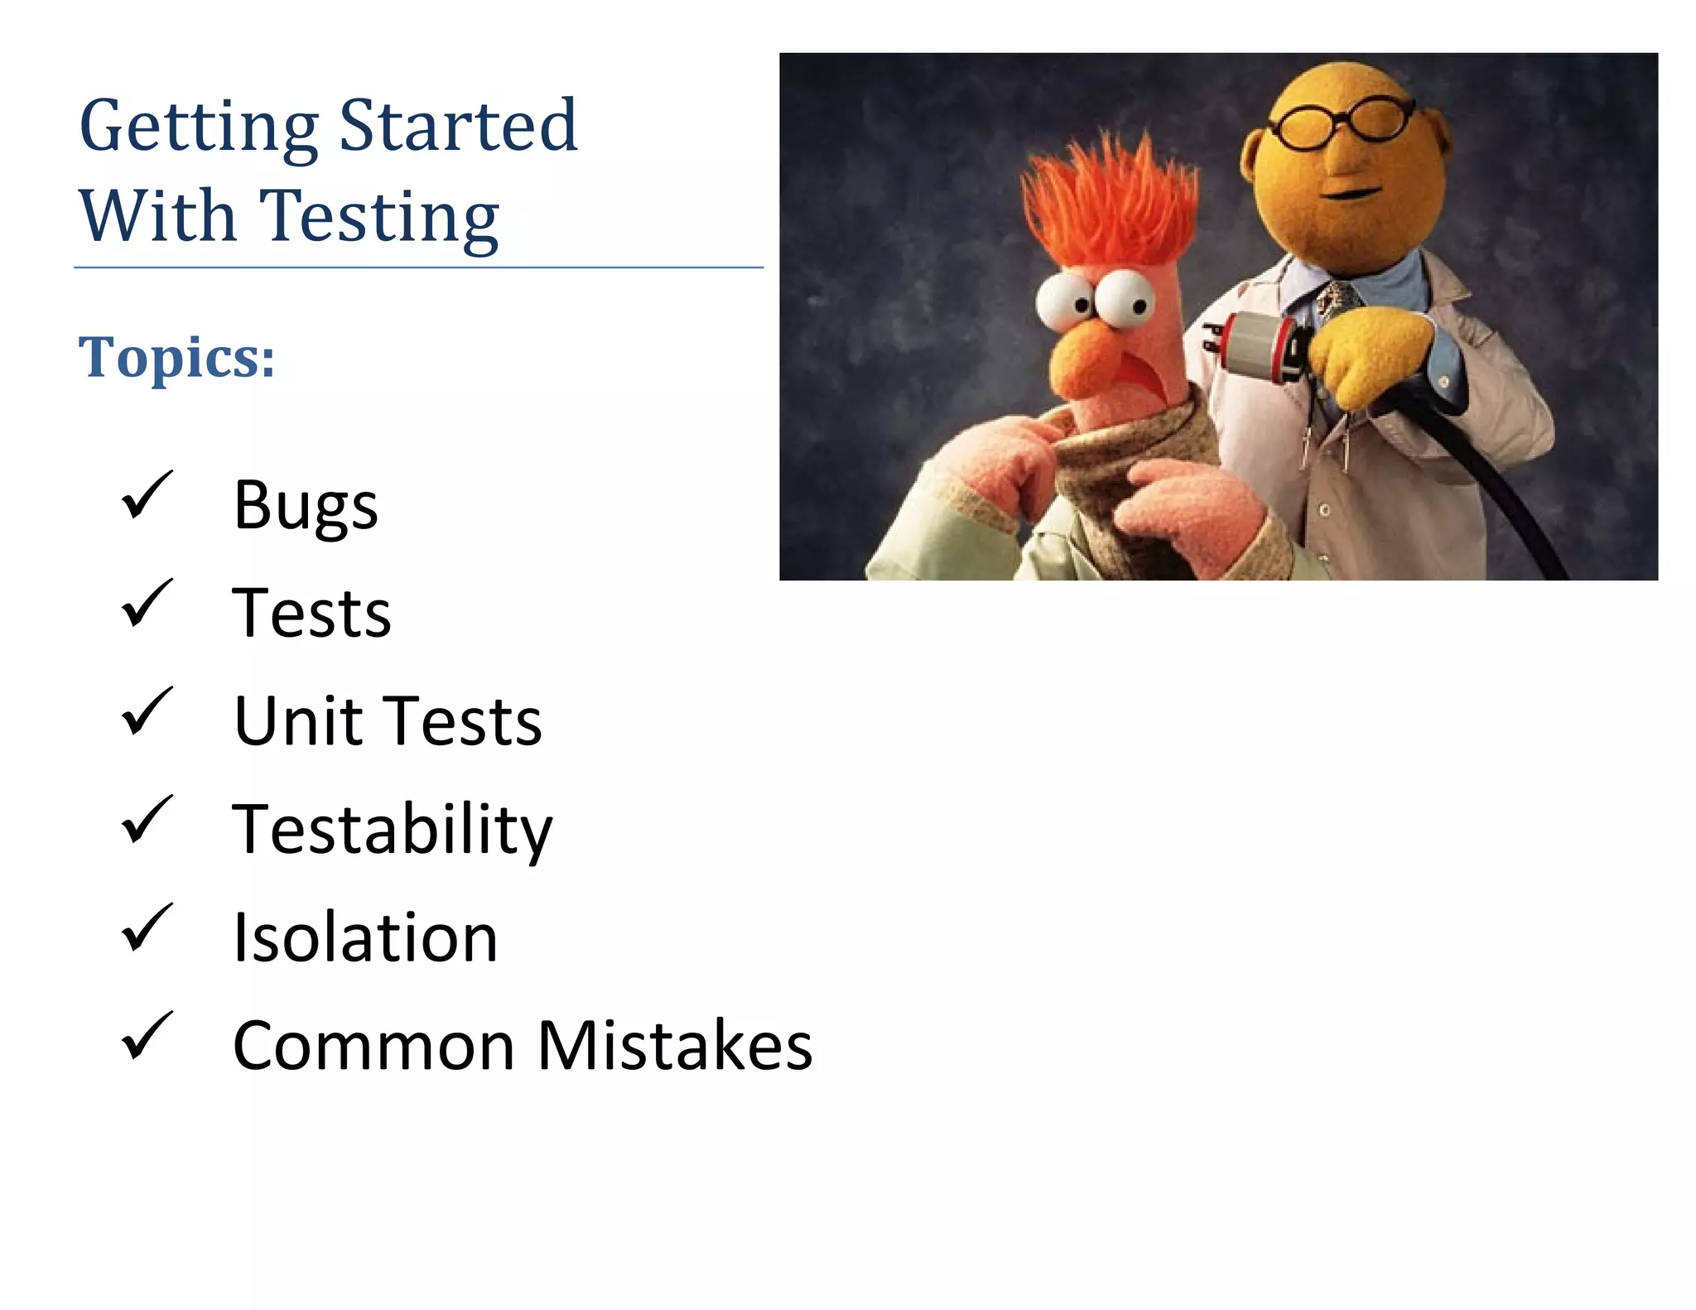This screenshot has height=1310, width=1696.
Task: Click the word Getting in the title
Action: click(x=199, y=126)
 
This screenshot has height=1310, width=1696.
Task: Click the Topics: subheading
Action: click(x=176, y=358)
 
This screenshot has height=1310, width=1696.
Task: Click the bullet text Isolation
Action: click(x=365, y=937)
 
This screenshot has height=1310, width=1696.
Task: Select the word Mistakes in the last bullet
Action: click(x=674, y=1046)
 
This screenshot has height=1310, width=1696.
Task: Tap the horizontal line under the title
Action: click(x=418, y=267)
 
